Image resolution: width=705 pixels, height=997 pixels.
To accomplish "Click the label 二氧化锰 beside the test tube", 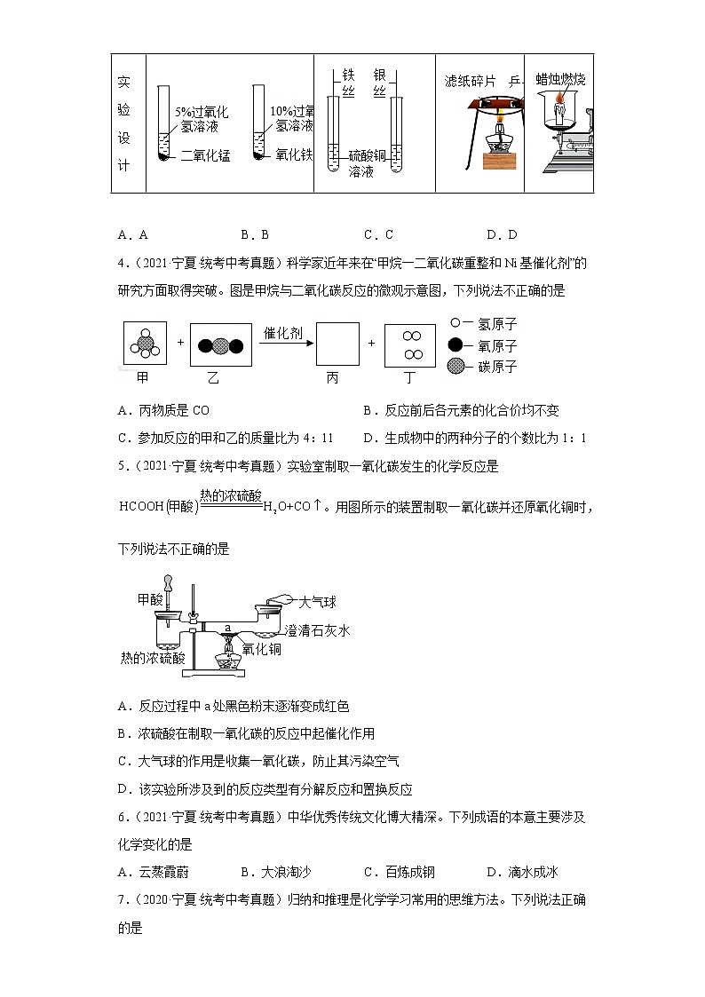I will pos(205,155).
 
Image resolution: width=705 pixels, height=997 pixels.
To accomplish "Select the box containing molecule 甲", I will pos(143,344).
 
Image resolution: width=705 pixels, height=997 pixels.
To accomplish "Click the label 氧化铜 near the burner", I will pos(261,650).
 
